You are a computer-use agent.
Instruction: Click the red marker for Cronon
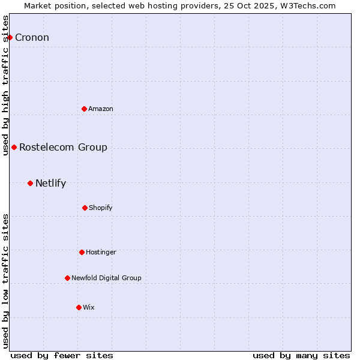(10, 37)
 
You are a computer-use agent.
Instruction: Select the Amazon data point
(85, 109)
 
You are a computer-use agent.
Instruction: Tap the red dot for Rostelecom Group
(14, 147)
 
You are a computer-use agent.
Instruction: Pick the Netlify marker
(30, 183)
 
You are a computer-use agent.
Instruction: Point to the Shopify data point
(85, 208)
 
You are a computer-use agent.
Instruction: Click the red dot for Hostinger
(82, 252)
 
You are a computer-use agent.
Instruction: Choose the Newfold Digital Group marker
(67, 278)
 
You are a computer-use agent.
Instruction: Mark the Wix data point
(79, 307)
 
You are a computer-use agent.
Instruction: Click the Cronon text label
(32, 38)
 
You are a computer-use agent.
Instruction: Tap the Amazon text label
(101, 109)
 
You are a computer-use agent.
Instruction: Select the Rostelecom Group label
(63, 147)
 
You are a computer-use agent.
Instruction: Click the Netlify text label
(50, 183)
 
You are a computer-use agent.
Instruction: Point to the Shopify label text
(101, 208)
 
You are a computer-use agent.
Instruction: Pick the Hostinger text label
(101, 252)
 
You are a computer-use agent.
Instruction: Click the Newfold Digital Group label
(106, 278)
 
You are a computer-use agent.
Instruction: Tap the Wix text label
(89, 307)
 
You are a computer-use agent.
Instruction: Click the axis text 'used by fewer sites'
(62, 355)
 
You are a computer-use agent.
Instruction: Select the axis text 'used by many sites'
(301, 355)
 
